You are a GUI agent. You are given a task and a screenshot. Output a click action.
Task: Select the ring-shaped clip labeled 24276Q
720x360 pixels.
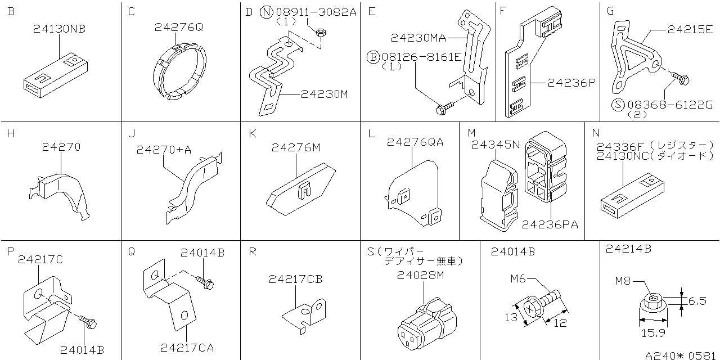tap(178, 71)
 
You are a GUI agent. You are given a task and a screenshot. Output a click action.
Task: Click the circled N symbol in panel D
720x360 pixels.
tap(267, 12)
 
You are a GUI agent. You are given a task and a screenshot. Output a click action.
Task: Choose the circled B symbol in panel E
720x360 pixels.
tap(373, 56)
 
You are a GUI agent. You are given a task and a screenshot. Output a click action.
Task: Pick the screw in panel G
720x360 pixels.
tap(679, 80)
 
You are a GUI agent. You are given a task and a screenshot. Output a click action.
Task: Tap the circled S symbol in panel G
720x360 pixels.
tap(618, 104)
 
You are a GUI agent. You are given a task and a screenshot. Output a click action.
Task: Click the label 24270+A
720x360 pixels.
tap(164, 150)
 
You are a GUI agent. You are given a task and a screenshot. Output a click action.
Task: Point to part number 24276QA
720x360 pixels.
tap(415, 142)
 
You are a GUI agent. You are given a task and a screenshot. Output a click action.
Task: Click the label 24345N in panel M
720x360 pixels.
tap(495, 145)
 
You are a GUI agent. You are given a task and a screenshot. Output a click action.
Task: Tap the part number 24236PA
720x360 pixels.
tap(550, 224)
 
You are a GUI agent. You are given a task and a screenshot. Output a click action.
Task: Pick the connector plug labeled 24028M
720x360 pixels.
tap(426, 325)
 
